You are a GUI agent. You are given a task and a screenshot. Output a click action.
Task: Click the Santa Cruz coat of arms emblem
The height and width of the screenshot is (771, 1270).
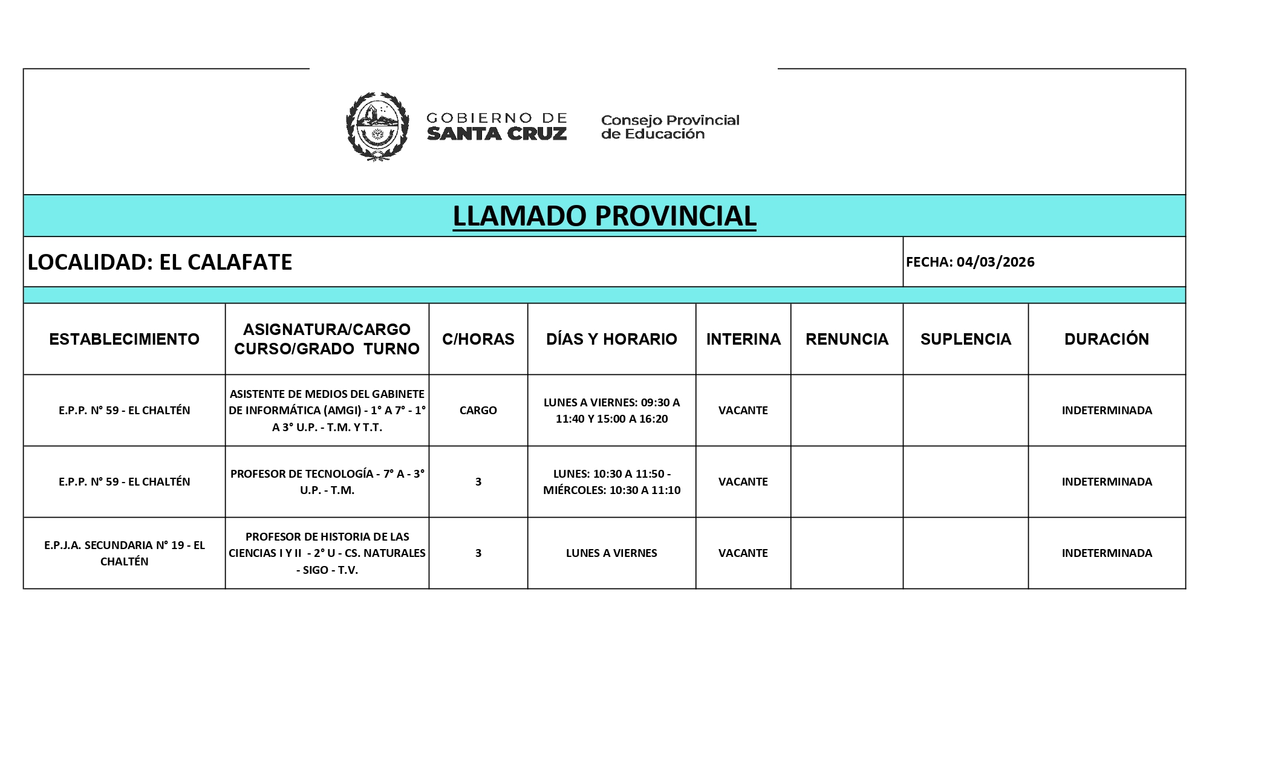click(x=377, y=126)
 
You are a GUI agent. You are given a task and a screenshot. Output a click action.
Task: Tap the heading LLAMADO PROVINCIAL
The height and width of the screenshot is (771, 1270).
click(x=604, y=216)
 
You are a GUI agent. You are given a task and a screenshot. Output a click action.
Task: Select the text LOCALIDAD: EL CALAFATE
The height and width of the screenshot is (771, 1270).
click(x=160, y=262)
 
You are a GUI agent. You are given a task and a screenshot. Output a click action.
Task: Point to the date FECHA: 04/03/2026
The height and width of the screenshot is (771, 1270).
click(x=970, y=262)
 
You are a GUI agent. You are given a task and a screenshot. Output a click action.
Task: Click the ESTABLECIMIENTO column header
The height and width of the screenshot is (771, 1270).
click(x=124, y=339)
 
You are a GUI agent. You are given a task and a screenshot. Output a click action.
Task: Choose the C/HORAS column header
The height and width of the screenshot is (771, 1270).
click(x=478, y=339)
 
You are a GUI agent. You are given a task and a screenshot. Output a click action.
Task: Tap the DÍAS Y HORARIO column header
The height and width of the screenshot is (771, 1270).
click(x=611, y=339)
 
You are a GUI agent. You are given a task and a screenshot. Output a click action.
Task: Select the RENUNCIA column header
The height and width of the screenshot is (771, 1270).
click(x=847, y=339)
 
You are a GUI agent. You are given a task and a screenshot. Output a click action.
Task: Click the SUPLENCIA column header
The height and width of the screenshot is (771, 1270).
click(x=965, y=339)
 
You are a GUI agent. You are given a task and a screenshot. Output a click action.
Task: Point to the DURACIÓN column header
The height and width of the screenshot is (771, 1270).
click(x=1106, y=339)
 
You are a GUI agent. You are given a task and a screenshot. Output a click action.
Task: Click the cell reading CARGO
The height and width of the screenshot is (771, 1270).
click(x=478, y=410)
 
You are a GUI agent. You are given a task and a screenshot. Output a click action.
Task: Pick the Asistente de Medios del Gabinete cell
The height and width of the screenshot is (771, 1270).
click(x=327, y=410)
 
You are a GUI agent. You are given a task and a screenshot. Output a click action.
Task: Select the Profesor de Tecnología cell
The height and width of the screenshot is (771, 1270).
click(x=327, y=481)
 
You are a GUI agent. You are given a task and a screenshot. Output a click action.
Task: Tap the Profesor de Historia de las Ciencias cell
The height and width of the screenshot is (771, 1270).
click(x=327, y=553)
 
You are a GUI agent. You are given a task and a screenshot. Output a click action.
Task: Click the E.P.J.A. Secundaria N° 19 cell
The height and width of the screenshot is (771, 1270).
click(x=124, y=553)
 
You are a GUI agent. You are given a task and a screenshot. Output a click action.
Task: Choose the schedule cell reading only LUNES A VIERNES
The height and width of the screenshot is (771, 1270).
click(x=611, y=553)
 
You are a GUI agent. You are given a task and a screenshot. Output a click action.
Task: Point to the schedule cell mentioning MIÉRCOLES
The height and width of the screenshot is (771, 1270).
click(x=611, y=481)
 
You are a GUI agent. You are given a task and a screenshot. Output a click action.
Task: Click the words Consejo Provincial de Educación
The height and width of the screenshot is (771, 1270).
click(x=670, y=127)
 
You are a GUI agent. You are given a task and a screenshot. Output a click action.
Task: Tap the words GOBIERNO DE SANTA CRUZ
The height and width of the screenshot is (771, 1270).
click(x=497, y=126)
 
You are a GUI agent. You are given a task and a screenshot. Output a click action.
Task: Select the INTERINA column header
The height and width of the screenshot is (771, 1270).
click(x=743, y=339)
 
